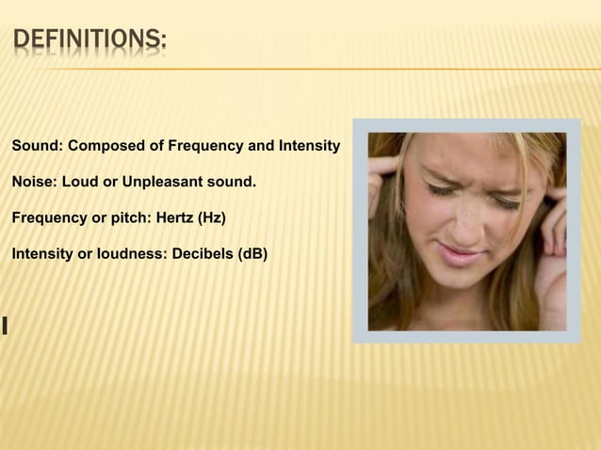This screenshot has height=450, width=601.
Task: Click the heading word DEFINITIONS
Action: coord(89,41)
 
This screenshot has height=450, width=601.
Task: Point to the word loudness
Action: coord(129,254)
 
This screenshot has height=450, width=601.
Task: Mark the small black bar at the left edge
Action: coord(6,327)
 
